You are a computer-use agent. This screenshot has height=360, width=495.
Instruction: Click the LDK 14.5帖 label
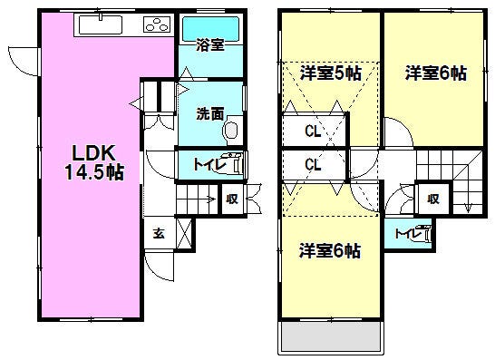[x=94, y=162]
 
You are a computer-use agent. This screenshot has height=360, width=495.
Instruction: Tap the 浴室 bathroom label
[x=210, y=44]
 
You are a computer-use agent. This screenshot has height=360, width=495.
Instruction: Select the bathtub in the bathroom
[x=210, y=29]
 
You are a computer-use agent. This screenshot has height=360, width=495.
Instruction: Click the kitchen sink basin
[x=101, y=24]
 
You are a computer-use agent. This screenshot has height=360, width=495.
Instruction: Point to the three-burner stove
[x=157, y=24]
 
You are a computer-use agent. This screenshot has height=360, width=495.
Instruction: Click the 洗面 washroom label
[x=210, y=113]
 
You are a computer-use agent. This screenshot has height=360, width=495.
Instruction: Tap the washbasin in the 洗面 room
[x=231, y=130]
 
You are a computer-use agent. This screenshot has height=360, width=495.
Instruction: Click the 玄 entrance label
[x=159, y=233]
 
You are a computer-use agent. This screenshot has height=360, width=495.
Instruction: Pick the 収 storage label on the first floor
[x=232, y=199]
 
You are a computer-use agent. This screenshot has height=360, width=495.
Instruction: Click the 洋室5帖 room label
[x=331, y=73]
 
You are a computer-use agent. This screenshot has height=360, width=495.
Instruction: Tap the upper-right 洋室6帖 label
[x=436, y=73]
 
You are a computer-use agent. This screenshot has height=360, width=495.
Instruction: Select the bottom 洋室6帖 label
[x=330, y=251]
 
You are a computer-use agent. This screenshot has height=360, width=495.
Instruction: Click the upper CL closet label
[x=313, y=131]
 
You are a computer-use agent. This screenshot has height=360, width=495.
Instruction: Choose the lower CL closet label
[x=313, y=164]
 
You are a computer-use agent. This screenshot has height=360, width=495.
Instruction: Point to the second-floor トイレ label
[x=408, y=234]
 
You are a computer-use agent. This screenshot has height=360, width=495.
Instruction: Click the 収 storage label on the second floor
[x=433, y=199]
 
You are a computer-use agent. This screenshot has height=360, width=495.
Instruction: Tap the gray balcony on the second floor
[x=331, y=336]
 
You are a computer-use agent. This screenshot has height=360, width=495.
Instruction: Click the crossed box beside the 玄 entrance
[x=184, y=233]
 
